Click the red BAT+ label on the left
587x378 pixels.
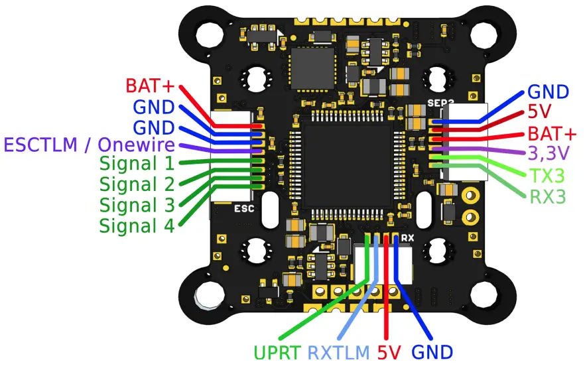click(x=150, y=86)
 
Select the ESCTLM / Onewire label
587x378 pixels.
click(x=90, y=145)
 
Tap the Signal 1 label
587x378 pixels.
click(x=137, y=164)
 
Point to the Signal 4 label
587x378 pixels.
click(x=137, y=225)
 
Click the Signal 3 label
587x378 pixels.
click(x=137, y=204)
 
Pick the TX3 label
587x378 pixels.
click(x=547, y=176)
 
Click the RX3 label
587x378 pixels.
click(x=549, y=196)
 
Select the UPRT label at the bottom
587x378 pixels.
click(x=277, y=352)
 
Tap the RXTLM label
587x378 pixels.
click(x=338, y=352)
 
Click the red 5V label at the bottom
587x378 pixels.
click(x=389, y=352)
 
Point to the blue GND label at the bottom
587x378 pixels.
click(x=432, y=352)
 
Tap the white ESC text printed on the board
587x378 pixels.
click(x=245, y=208)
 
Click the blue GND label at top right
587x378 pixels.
click(x=548, y=92)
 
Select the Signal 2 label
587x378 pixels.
click(x=137, y=184)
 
